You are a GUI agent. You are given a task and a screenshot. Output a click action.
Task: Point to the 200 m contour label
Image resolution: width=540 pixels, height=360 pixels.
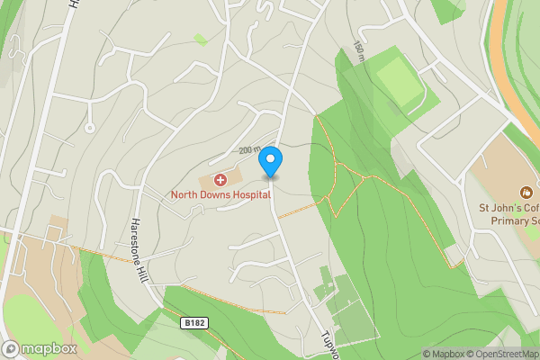(x=249, y=150)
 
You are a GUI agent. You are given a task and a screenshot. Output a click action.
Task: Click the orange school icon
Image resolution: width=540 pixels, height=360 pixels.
(x=526, y=192)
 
